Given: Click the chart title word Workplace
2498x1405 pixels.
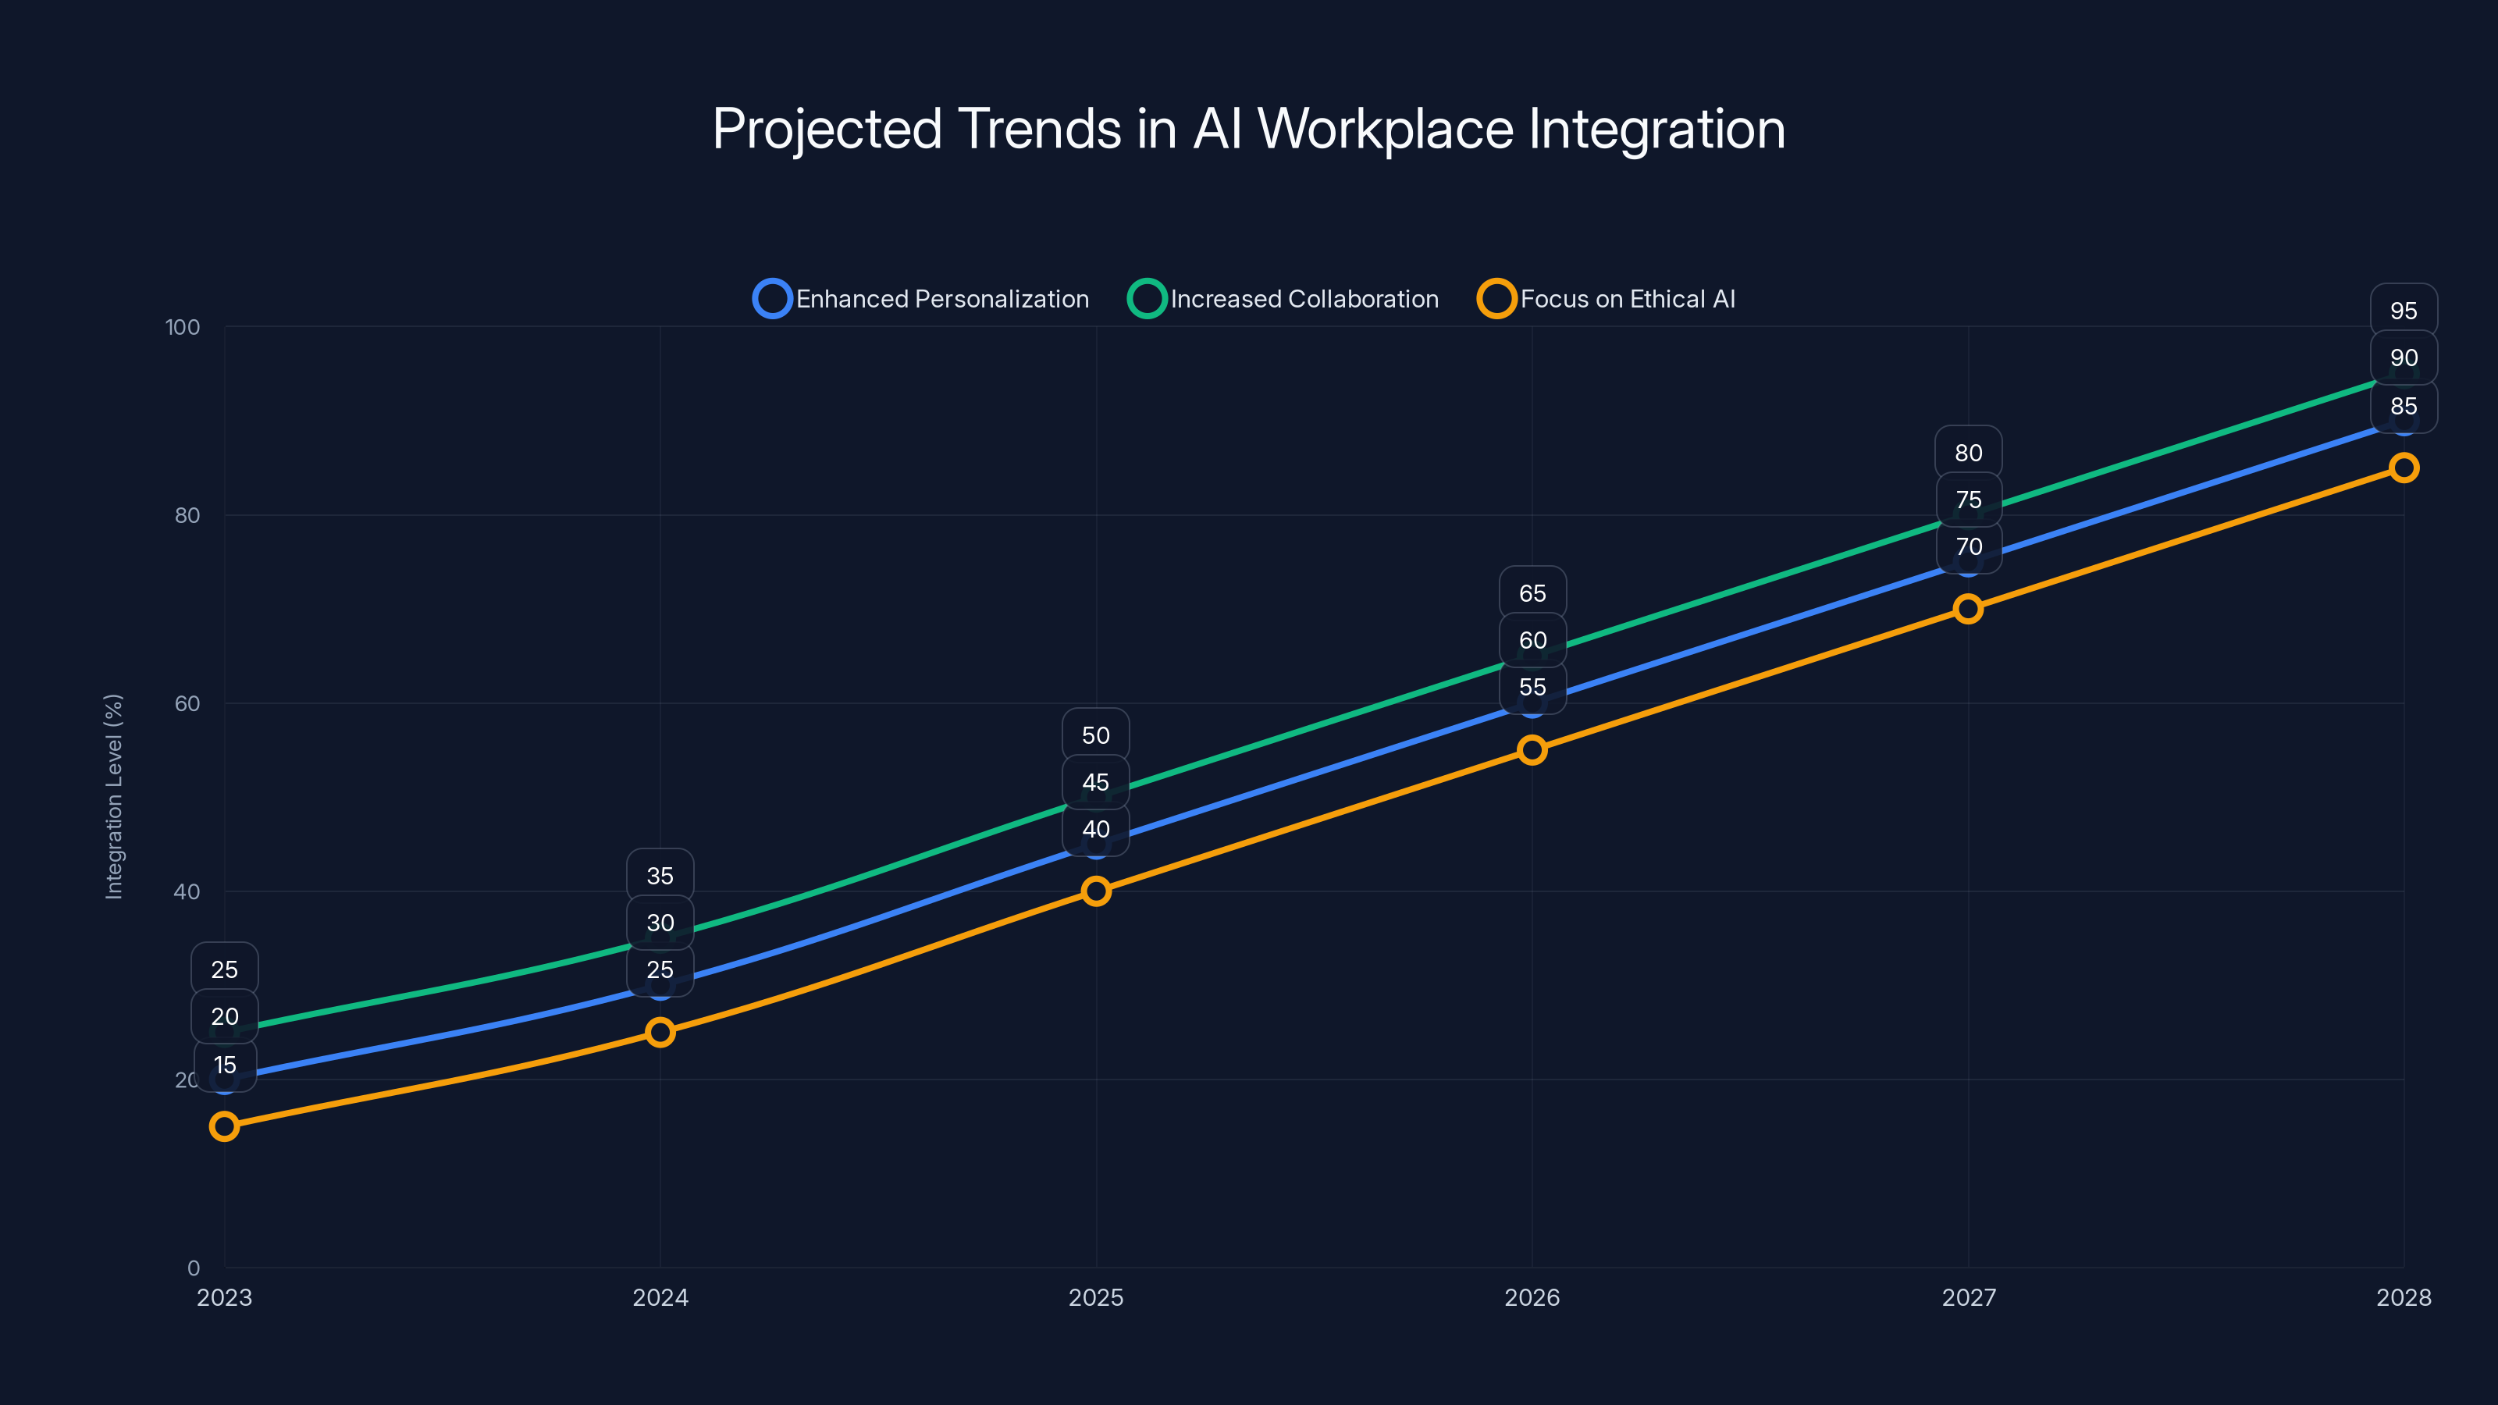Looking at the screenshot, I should (x=1385, y=129).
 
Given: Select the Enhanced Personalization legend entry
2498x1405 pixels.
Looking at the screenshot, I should (x=921, y=299).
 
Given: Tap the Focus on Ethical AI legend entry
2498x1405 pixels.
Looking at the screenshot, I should (x=1607, y=299).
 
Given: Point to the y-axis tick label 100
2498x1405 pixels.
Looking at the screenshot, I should (x=183, y=327).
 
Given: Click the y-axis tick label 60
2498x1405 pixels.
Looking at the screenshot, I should (x=187, y=703).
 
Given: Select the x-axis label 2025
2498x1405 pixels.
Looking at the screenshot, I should (x=1096, y=1297).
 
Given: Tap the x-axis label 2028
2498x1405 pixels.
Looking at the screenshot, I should (x=2403, y=1297).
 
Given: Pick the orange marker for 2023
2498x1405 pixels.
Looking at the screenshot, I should (x=224, y=1126).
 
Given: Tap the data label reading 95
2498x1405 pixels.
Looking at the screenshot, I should (x=2403, y=311).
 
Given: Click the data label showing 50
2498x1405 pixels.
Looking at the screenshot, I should (x=1096, y=735).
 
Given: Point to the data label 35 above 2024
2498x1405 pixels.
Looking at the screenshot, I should (x=660, y=876).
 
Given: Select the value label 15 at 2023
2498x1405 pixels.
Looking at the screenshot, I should (x=225, y=1065).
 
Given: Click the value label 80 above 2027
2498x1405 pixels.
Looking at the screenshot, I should (x=1967, y=453).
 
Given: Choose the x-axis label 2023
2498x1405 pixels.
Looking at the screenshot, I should (x=224, y=1297).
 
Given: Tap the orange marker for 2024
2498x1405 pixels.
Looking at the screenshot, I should (x=660, y=1032).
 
